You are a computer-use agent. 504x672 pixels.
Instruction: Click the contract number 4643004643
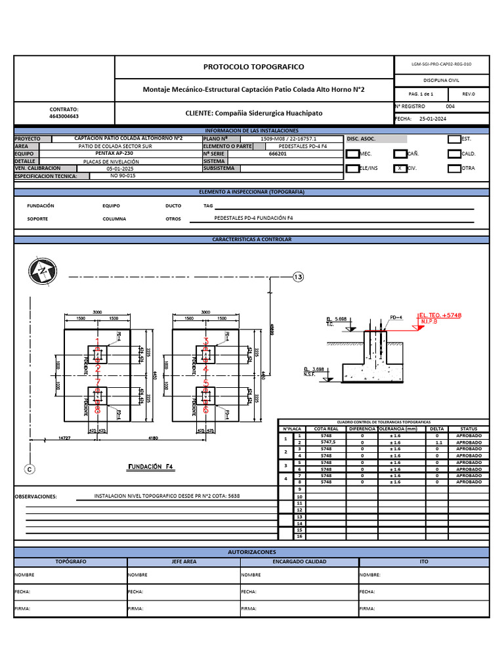(x=64, y=116)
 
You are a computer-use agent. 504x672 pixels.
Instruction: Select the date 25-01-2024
(x=432, y=119)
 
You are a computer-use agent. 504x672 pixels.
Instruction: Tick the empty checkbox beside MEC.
(x=352, y=154)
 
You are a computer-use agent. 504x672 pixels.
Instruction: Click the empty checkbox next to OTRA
(x=454, y=168)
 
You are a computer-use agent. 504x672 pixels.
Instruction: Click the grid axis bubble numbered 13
(x=298, y=278)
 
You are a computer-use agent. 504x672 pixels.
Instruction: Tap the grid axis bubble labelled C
(x=29, y=469)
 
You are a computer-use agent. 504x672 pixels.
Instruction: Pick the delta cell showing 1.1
(x=437, y=442)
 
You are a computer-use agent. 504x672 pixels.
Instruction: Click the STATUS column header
(x=469, y=429)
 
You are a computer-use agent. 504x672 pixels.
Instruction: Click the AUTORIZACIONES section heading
(x=252, y=553)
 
